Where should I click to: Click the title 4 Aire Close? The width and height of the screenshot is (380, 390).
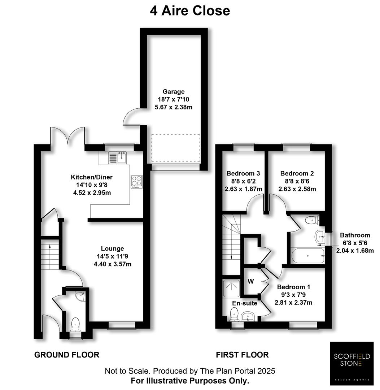point(190,10)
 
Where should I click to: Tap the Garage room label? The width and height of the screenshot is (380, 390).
point(173,92)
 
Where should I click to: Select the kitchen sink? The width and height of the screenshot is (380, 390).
point(118,158)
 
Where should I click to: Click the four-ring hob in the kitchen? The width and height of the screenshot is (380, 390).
point(136,182)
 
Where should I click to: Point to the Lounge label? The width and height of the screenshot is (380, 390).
point(112,248)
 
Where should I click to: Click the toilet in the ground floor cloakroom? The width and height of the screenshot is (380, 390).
point(75,324)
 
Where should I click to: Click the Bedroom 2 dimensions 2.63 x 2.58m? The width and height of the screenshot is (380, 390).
point(297,189)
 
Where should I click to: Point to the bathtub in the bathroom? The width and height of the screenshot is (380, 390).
point(307,256)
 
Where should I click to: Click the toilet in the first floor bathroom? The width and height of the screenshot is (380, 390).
point(311,220)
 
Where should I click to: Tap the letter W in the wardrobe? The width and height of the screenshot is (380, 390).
point(249,281)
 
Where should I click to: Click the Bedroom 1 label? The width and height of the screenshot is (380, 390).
point(293,287)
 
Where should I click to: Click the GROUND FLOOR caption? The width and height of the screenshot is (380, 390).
point(67,355)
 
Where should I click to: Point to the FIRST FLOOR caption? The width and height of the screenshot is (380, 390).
point(243,355)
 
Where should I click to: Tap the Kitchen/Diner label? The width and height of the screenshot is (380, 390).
point(92,177)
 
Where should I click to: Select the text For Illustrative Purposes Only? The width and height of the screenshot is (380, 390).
point(190,381)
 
